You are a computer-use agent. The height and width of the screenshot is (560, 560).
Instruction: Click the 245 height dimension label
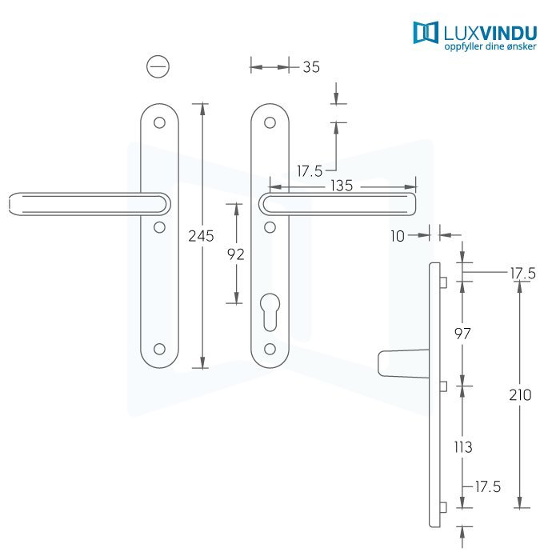tap(201, 236)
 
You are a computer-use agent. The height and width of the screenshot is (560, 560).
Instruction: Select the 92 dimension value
tap(236, 254)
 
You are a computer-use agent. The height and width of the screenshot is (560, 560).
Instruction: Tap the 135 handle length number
tap(342, 186)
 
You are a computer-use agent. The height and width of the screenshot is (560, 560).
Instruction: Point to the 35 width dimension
tap(311, 67)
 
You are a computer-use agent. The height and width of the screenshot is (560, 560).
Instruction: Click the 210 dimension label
tap(520, 395)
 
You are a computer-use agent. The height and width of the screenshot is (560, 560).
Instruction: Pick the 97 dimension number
tap(462, 334)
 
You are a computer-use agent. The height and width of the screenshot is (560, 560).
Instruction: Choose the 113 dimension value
tap(463, 447)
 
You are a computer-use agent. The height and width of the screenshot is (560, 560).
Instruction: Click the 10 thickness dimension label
tap(398, 236)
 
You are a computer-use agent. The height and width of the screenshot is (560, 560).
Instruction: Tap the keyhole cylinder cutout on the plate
tap(270, 312)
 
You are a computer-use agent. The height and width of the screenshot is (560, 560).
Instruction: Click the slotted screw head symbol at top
tap(158, 66)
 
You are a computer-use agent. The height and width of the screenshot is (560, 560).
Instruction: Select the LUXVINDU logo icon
tap(426, 33)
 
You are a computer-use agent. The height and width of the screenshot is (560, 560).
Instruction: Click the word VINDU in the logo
tap(508, 34)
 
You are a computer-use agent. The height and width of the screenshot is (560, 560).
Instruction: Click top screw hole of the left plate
tap(159, 123)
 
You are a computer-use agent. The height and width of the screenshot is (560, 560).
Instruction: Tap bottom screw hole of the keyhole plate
tap(270, 349)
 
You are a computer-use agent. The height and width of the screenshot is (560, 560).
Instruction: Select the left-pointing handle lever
tap(90, 204)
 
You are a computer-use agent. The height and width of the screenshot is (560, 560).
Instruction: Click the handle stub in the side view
tap(403, 363)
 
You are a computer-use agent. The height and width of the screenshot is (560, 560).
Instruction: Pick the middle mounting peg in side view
tap(443, 386)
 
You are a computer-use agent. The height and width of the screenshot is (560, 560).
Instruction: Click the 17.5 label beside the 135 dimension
tap(310, 171)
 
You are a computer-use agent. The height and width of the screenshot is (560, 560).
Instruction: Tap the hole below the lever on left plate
tap(159, 227)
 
